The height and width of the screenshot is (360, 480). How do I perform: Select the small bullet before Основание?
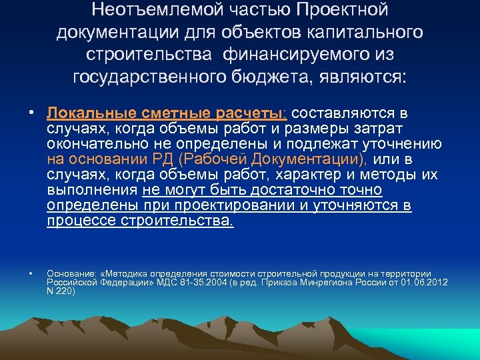pyautogui.click(x=31, y=273)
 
